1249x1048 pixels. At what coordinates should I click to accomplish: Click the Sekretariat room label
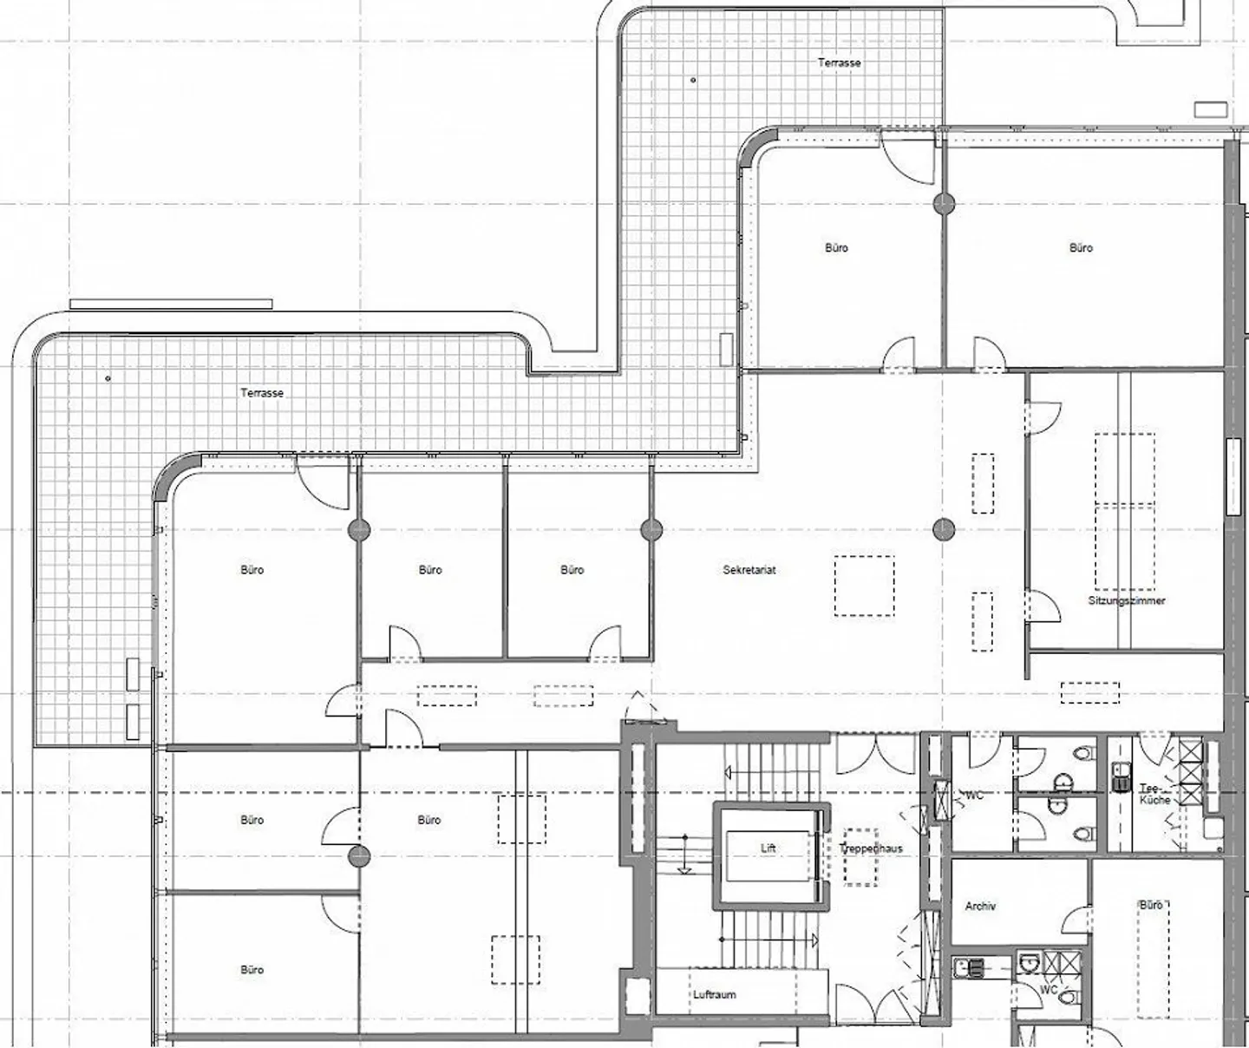(749, 570)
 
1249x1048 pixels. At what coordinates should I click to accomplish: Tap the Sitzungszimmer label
(1127, 600)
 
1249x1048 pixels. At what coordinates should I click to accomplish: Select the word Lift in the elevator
(768, 848)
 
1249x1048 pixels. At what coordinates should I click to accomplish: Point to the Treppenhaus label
(871, 848)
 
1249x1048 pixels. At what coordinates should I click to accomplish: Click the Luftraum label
(714, 995)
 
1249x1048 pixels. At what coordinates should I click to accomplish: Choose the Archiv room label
(980, 907)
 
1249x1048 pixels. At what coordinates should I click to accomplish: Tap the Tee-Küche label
(1154, 794)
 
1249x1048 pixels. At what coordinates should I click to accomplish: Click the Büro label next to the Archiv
(1151, 905)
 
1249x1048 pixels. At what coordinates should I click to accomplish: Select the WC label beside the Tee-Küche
(974, 796)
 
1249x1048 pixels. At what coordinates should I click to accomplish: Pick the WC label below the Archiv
(1049, 990)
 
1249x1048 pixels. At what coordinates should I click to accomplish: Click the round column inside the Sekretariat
(944, 529)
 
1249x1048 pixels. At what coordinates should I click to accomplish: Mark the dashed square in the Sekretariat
(865, 586)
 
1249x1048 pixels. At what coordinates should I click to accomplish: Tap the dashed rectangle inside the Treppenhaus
(860, 857)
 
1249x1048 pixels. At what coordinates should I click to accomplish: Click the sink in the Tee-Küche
(1119, 776)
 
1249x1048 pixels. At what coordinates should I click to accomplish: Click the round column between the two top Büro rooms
(944, 204)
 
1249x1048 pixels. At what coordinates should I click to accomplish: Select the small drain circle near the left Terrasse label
(108, 378)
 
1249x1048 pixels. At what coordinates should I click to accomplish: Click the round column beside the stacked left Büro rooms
(359, 857)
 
